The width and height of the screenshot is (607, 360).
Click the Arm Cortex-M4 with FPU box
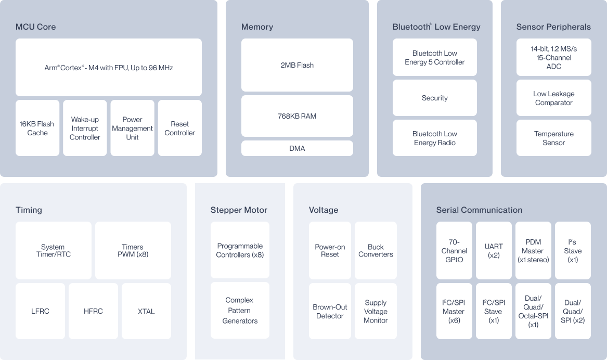pyautogui.click(x=108, y=67)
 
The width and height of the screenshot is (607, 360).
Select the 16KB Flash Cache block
pyautogui.click(x=37, y=128)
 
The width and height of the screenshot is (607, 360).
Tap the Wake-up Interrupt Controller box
pyautogui.click(x=85, y=128)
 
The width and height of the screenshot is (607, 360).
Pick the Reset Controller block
pyautogui.click(x=179, y=128)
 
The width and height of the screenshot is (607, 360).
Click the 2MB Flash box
pyautogui.click(x=297, y=65)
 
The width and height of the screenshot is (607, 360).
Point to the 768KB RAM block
pyautogui.click(x=297, y=115)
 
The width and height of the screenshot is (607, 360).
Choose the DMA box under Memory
pyautogui.click(x=297, y=148)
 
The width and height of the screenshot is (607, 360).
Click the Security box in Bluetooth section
pyautogui.click(x=434, y=98)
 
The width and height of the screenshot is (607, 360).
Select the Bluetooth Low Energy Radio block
pyautogui.click(x=434, y=138)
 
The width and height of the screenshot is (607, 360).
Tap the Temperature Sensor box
pyautogui.click(x=553, y=138)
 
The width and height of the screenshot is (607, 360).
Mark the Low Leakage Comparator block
pyautogui.click(x=553, y=98)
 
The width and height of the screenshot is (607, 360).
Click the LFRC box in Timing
pyautogui.click(x=40, y=311)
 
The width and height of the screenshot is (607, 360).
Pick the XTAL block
pyautogui.click(x=146, y=311)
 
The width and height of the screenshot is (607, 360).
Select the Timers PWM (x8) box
pyautogui.click(x=133, y=250)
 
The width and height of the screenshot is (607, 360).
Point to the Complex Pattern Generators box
pyautogui.click(x=240, y=311)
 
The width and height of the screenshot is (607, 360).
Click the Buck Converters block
pyautogui.click(x=376, y=250)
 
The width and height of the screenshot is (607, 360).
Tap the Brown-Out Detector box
pyautogui.click(x=330, y=311)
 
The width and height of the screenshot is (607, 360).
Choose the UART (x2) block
pyautogui.click(x=494, y=250)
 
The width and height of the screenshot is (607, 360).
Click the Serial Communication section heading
pyautogui.click(x=479, y=210)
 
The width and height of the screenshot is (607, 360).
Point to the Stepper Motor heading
pyautogui.click(x=239, y=210)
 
